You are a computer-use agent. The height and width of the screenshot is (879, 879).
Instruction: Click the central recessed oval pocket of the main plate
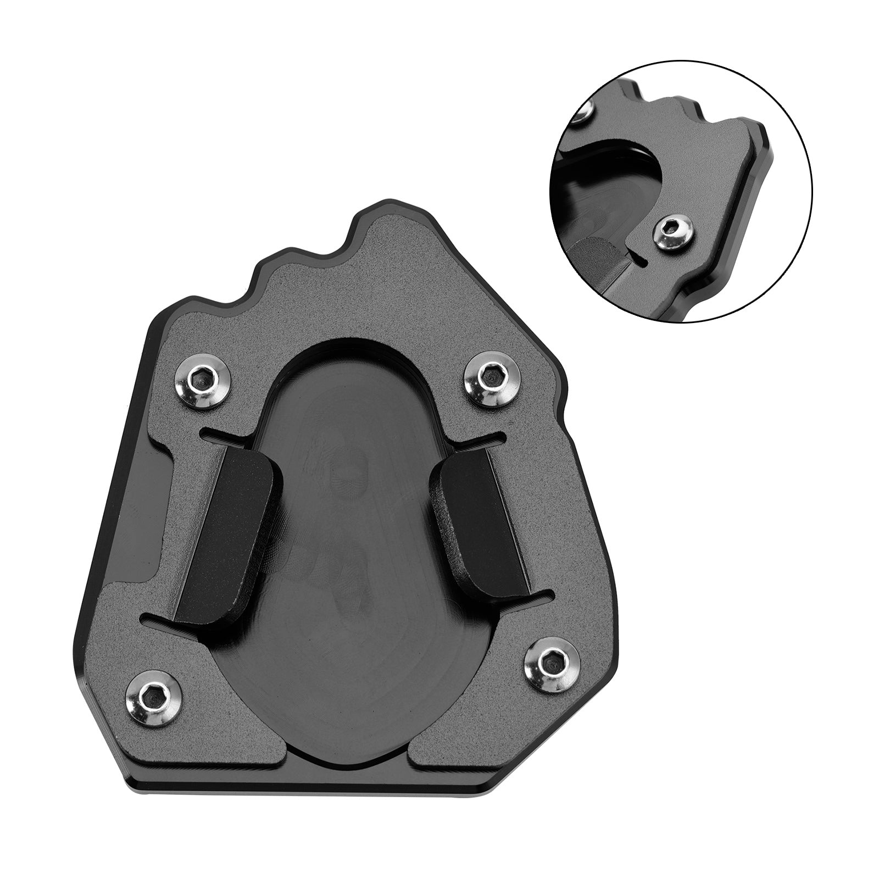tap(352, 549)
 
